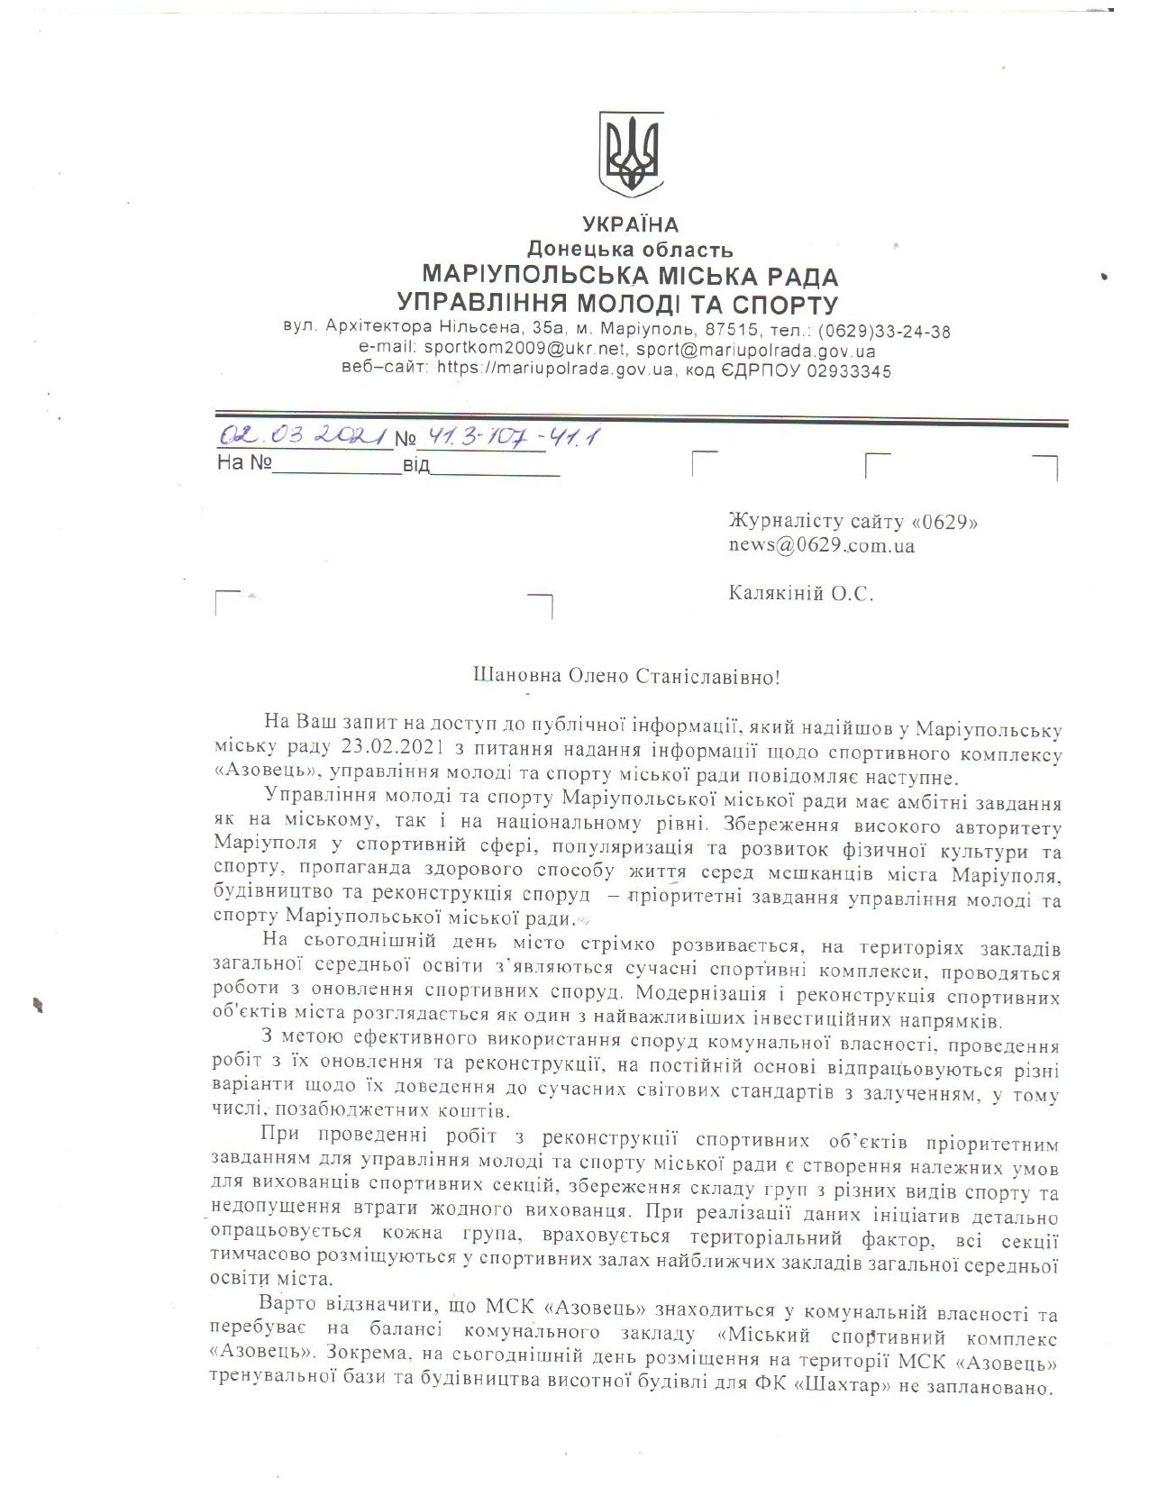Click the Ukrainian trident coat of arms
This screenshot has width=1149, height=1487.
631,154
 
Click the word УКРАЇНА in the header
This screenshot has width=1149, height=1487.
630,224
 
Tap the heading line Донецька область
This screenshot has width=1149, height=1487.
630,250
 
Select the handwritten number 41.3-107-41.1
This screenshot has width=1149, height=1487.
508,437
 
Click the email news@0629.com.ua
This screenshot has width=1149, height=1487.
822,545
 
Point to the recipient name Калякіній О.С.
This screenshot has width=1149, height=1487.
800,593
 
